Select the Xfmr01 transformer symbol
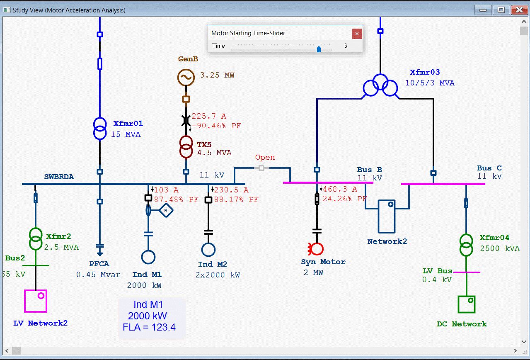(100, 129)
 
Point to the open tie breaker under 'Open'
(261, 168)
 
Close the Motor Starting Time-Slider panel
(357, 34)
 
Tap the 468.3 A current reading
(340, 189)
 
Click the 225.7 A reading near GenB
(209, 116)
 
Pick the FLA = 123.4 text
(149, 327)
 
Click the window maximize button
(501, 10)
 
